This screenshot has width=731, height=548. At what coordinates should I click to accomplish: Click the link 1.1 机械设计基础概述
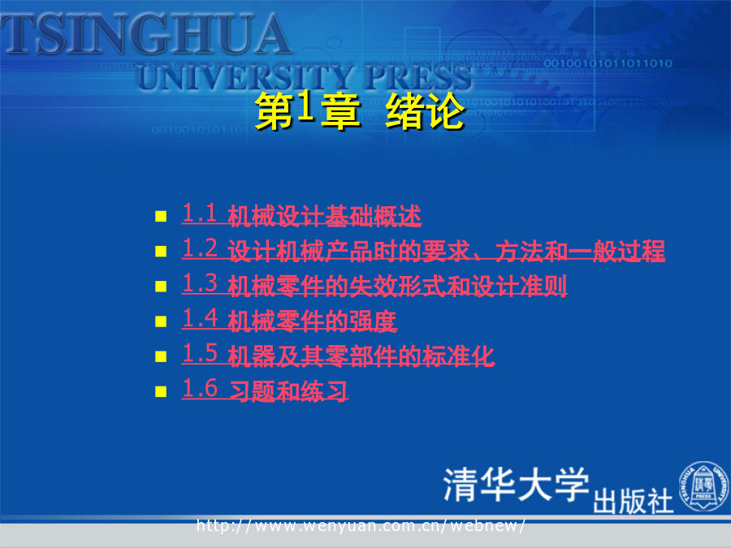[301, 215]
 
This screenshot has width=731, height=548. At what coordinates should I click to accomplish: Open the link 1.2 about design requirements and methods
[423, 250]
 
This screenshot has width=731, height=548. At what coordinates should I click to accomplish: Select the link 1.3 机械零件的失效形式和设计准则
[374, 285]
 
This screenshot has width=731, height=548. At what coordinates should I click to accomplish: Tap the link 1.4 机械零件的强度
[289, 320]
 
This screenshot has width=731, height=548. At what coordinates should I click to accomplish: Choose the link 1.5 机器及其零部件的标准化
[338, 355]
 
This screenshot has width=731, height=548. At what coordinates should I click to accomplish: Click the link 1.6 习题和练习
[265, 390]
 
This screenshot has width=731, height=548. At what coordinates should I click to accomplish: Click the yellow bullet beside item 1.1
[161, 216]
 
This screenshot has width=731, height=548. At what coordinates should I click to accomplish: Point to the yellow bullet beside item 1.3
[161, 286]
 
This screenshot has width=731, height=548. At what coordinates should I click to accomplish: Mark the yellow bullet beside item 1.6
[161, 391]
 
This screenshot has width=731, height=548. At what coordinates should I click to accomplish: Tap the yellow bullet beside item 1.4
[161, 321]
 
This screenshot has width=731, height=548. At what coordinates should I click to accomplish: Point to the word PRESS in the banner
[417, 77]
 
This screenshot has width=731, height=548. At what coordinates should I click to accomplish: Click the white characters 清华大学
[516, 485]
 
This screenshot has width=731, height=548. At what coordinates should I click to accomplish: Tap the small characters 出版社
[633, 501]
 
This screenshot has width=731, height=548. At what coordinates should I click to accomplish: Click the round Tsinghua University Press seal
[704, 486]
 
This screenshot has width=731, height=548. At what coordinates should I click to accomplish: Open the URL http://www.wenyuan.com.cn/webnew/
[361, 525]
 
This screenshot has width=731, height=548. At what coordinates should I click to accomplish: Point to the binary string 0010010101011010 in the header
[608, 63]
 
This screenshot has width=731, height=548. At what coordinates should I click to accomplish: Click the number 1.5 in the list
[200, 353]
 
